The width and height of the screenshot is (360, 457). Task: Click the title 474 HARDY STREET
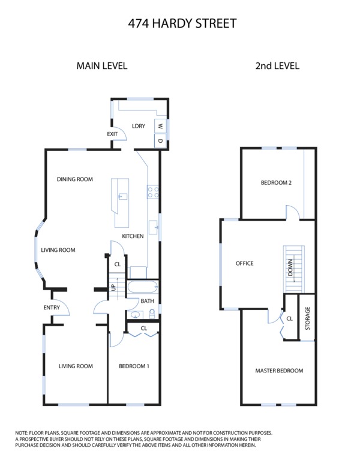pyautogui.click(x=182, y=23)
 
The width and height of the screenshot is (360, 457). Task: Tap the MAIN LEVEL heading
pyautogui.click(x=102, y=66)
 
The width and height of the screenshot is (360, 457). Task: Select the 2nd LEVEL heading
pyautogui.click(x=277, y=66)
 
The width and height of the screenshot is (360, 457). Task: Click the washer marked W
pyautogui.click(x=160, y=126)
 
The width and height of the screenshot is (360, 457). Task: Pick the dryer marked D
pyautogui.click(x=160, y=140)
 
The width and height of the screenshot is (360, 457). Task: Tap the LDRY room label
pyautogui.click(x=139, y=126)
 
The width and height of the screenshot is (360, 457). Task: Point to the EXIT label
pyautogui.click(x=112, y=134)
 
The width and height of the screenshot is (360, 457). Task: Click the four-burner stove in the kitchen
pyautogui.click(x=153, y=192)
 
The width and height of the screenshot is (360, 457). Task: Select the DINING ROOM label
pyautogui.click(x=75, y=179)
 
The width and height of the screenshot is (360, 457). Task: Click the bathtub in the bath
pyautogui.click(x=143, y=287)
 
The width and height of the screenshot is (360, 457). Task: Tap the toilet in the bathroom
pyautogui.click(x=152, y=314)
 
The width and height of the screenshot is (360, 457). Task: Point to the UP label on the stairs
pyautogui.click(x=113, y=288)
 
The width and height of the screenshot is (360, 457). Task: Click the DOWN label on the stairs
pyautogui.click(x=290, y=267)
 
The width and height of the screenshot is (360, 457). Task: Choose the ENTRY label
pyautogui.click(x=52, y=308)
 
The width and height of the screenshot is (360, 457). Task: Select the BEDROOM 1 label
pyautogui.click(x=134, y=366)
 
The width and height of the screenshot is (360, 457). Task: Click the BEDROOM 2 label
pyautogui.click(x=276, y=183)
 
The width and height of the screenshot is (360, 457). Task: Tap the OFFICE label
pyautogui.click(x=245, y=263)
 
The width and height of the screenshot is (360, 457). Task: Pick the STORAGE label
pyautogui.click(x=308, y=318)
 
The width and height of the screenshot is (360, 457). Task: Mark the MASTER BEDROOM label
pyautogui.click(x=279, y=371)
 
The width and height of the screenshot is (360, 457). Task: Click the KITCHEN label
pyautogui.click(x=133, y=236)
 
